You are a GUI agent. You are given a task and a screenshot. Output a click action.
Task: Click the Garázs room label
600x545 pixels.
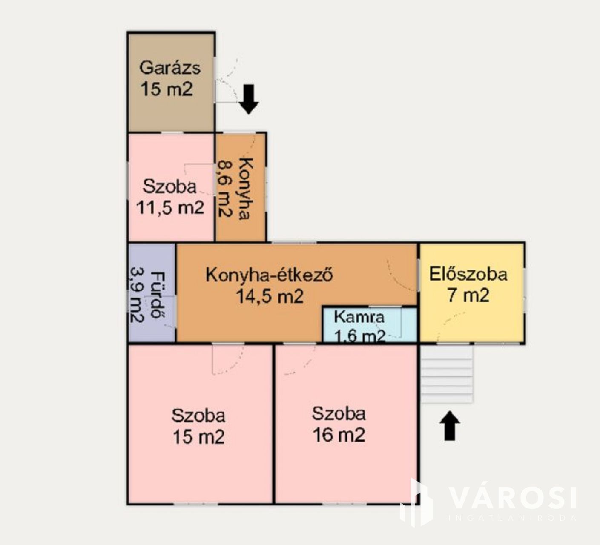pyautogui.click(x=169, y=68)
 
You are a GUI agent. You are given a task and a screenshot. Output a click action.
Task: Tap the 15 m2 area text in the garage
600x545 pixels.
pyautogui.click(x=167, y=89)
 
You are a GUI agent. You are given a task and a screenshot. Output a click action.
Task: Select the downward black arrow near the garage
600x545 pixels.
pyautogui.click(x=249, y=99)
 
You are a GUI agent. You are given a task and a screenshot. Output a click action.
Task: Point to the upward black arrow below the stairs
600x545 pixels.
pyautogui.click(x=450, y=426)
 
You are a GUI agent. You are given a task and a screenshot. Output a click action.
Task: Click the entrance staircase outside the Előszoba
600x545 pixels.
pyautogui.click(x=447, y=374)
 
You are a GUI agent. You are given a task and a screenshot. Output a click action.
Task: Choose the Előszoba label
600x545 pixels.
pyautogui.click(x=468, y=275)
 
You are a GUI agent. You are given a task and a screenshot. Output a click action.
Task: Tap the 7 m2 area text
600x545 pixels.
pyautogui.click(x=468, y=295)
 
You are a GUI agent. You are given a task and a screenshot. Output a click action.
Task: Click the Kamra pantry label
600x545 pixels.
pyautogui.click(x=359, y=317)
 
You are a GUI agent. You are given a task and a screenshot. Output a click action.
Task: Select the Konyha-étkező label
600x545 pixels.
pyautogui.click(x=269, y=275)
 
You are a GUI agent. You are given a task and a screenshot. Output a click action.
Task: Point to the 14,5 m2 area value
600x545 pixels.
pyautogui.click(x=270, y=296)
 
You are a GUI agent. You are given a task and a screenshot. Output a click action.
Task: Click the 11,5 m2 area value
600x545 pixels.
pyautogui.click(x=170, y=207)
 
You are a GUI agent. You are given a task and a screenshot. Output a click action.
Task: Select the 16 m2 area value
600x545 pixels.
pyautogui.click(x=339, y=435)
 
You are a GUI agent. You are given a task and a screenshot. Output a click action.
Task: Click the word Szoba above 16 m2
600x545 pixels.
pyautogui.click(x=339, y=414)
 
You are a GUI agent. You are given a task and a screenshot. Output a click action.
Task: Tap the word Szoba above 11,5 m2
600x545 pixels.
pyautogui.click(x=169, y=186)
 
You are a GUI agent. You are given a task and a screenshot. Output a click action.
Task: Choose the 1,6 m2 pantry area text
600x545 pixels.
pyautogui.click(x=359, y=337)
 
